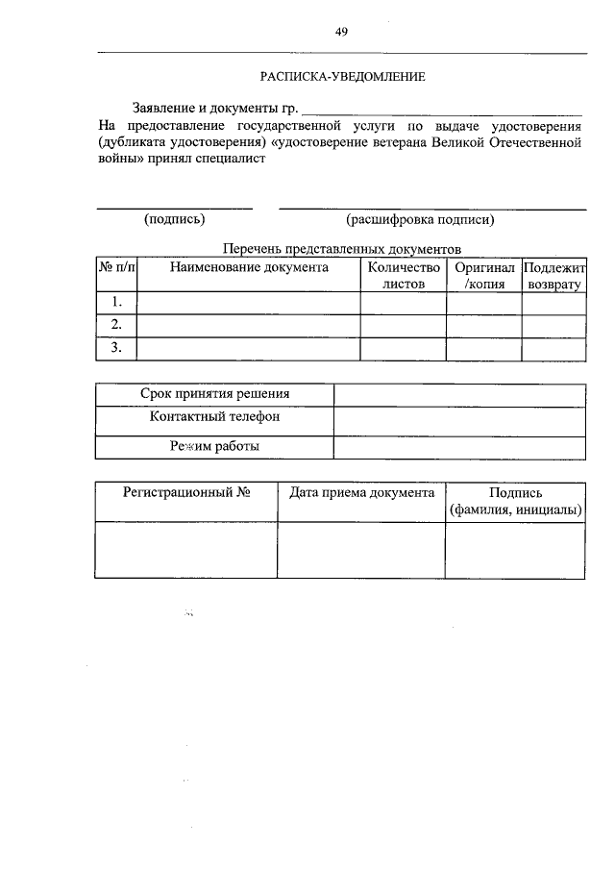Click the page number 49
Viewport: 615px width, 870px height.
coord(341,32)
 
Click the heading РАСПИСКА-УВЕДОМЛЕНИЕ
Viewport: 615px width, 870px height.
coord(341,74)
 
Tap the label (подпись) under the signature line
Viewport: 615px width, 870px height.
coord(174,219)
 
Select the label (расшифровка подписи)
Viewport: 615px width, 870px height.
coord(421,219)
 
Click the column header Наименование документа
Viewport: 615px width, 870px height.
coord(249,268)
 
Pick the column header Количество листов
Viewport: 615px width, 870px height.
coord(403,276)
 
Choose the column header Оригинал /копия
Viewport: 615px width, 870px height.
coord(483,276)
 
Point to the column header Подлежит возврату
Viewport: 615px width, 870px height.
coord(553,276)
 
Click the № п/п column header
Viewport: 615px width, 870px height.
coord(116,268)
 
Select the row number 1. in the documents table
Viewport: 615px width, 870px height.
coord(116,303)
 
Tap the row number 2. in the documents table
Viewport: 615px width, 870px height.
coord(116,325)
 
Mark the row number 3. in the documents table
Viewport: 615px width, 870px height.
coord(116,348)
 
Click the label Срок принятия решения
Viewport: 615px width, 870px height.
coord(214,394)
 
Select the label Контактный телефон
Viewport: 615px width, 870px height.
coord(214,418)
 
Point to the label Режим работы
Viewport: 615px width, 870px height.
coord(214,446)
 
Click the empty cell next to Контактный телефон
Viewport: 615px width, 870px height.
coord(459,420)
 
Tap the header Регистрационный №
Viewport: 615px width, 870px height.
coord(186,492)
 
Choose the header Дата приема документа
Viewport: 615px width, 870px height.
coord(361,492)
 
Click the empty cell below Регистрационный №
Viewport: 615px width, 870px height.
coord(186,550)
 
